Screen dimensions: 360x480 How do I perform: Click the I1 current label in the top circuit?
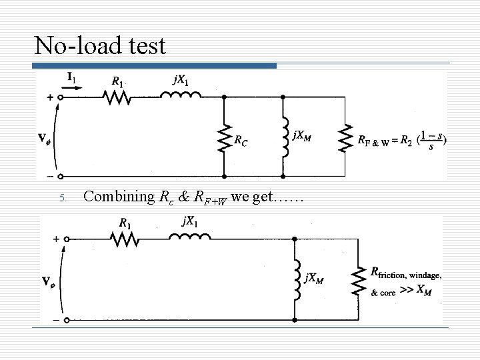(70, 79)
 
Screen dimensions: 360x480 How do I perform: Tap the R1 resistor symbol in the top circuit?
(117, 97)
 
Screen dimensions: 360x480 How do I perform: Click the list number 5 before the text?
(61, 198)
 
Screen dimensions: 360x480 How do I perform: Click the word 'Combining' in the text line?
(117, 197)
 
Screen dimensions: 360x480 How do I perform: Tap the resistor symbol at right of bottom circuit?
(359, 280)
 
